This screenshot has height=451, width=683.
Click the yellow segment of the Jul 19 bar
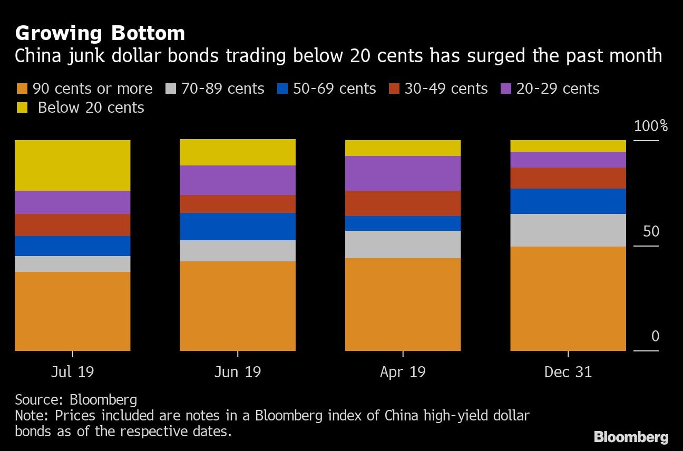point(73,165)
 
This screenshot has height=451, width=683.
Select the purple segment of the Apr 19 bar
point(403,173)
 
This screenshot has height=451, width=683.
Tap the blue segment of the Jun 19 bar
point(238,227)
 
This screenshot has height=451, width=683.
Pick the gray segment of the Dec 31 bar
point(568,230)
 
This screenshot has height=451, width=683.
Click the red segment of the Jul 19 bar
point(73,225)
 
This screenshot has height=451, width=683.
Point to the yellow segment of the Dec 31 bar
point(568,146)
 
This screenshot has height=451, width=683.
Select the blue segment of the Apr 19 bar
point(403,223)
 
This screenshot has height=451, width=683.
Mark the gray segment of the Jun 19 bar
point(238,251)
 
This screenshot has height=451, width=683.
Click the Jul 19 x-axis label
point(73,372)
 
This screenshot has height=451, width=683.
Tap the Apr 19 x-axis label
point(403,372)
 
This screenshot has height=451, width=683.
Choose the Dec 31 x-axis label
point(568,372)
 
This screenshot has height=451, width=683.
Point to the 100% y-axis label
point(651,126)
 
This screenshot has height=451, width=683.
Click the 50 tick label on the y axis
point(651,231)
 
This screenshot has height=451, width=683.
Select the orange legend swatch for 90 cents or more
point(22,89)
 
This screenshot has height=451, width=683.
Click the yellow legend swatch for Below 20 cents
point(22,107)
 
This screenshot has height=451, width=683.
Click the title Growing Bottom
point(100,34)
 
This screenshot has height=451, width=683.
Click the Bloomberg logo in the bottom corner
point(631,436)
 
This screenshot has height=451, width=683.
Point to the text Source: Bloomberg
point(76,399)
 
